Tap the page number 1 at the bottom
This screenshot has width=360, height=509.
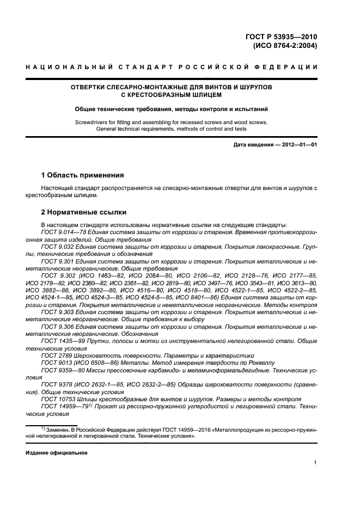click(x=315, y=463)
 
